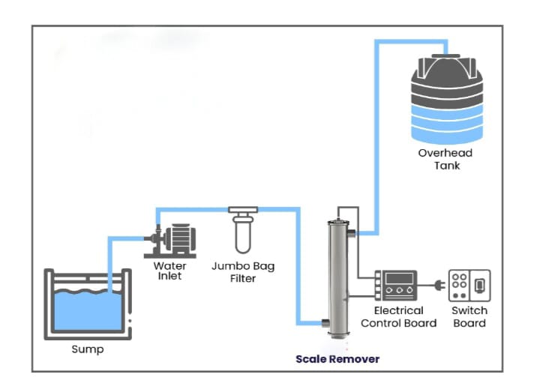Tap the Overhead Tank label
(445, 159)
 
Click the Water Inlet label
(170, 271)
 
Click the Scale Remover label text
(337, 359)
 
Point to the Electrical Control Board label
(398, 316)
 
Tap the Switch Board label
(469, 316)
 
